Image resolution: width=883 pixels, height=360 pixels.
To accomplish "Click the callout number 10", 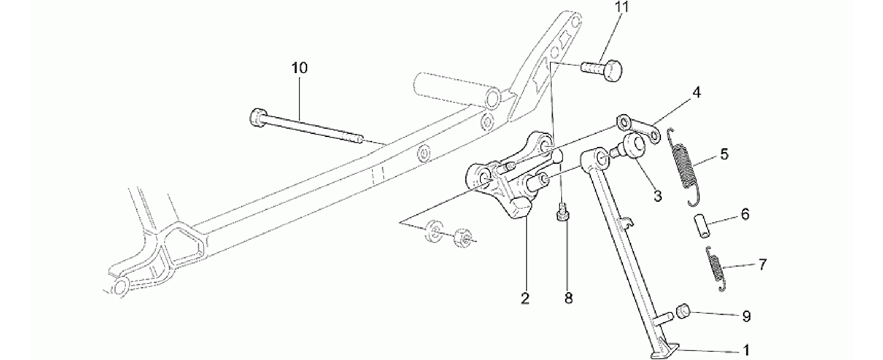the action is click(x=299, y=68).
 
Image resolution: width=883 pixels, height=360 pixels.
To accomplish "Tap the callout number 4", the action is click(x=696, y=92).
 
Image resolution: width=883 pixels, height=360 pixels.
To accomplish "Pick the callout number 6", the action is click(x=745, y=214).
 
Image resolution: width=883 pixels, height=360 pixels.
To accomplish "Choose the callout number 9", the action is click(x=746, y=316).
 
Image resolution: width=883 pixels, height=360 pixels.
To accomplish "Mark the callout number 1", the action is click(x=745, y=350).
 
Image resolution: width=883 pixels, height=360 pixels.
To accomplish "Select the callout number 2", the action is click(x=525, y=298).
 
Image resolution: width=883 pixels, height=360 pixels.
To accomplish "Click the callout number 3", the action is click(x=657, y=196).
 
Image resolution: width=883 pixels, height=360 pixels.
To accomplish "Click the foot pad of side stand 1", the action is click(x=664, y=351).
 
